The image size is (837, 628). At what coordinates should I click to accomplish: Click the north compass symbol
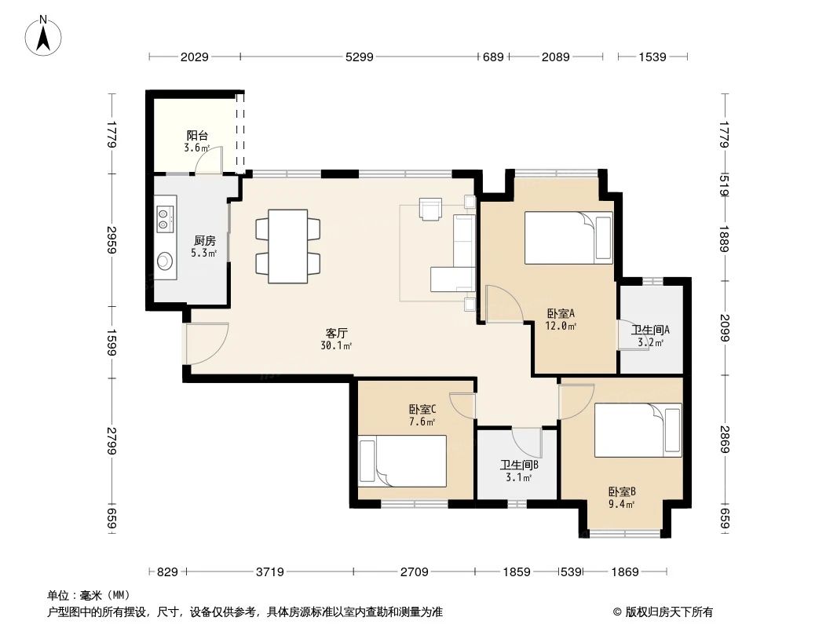tap(46, 36)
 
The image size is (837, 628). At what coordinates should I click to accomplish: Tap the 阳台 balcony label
tap(196, 135)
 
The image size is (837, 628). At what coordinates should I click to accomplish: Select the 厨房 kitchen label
tap(205, 241)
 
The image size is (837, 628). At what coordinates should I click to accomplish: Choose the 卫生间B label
tap(519, 465)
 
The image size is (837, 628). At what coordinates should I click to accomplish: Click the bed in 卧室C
tap(403, 462)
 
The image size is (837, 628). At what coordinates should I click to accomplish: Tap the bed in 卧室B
tap(638, 430)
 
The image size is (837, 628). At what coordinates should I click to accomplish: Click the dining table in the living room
tap(287, 246)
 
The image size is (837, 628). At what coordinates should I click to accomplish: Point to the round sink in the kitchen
tap(165, 260)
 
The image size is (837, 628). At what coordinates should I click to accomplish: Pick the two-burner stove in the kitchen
tap(164, 217)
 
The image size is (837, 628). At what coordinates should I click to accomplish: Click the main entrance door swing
tap(206, 344)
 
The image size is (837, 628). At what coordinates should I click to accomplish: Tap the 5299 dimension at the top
tap(359, 57)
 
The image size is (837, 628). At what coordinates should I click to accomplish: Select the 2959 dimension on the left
tap(113, 239)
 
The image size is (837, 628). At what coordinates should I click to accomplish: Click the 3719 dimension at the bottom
tap(269, 572)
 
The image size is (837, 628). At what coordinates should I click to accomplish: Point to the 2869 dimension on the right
tap(724, 442)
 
